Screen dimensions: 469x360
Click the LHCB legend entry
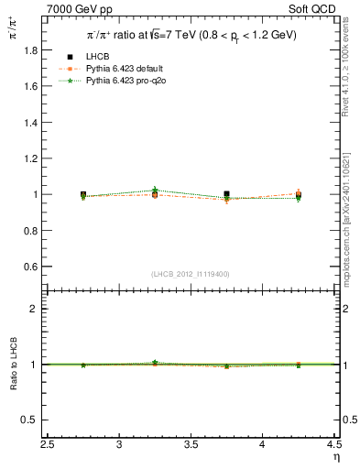[99, 58]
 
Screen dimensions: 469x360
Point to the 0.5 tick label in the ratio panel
[32, 420]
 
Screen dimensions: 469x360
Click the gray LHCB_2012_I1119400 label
[191, 273]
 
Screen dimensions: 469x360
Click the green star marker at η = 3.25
[155, 190]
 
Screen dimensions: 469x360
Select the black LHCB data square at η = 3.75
[226, 194]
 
